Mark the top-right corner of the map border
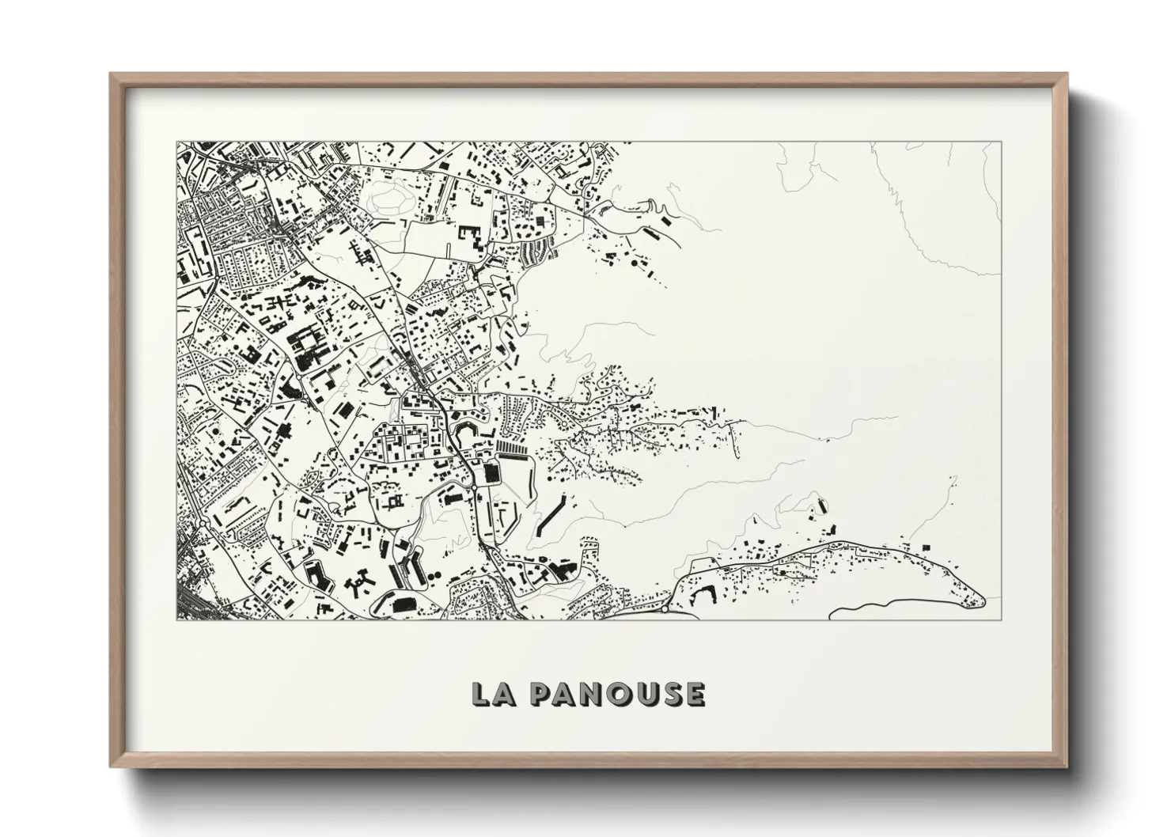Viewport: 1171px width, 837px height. [1002, 142]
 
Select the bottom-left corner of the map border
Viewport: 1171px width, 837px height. [177, 619]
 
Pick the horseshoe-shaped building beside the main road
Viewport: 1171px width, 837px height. [463, 431]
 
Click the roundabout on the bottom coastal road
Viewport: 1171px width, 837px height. [665, 609]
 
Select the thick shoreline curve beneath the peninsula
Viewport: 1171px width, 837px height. [886, 609]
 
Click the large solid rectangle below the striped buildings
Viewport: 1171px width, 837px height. [491, 474]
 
